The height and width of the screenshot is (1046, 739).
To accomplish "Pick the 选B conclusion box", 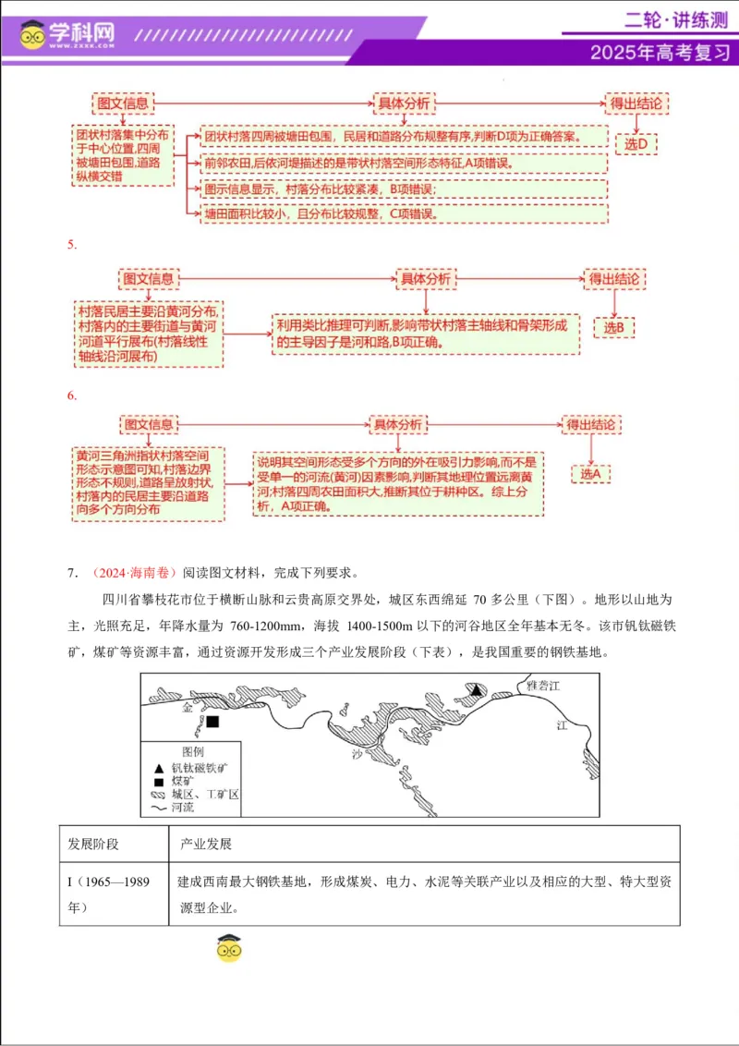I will click(614, 326).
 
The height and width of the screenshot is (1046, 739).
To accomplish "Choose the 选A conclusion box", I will click(590, 473).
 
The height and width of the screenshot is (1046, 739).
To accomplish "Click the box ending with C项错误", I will click(404, 213).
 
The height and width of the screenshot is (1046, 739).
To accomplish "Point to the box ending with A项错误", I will click(404, 163).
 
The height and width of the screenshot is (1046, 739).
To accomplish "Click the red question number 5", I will click(71, 246).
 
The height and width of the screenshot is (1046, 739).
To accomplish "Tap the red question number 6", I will click(71, 395).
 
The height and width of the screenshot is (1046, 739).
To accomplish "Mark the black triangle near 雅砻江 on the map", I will click(475, 690).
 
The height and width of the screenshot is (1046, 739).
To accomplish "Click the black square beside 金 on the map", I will click(213, 722).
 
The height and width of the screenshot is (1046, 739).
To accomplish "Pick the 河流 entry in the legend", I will click(182, 807).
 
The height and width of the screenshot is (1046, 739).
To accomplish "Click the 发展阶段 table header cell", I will click(93, 845).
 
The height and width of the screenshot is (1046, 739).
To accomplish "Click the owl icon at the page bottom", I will click(228, 948).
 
